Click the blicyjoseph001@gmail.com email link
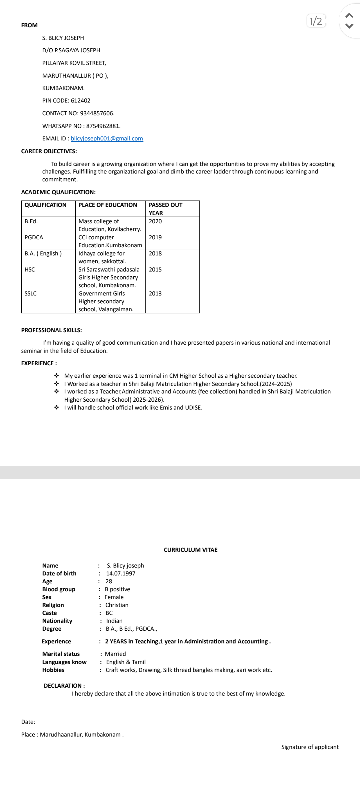[x=107, y=139]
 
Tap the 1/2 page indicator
[x=316, y=21]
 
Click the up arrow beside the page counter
[x=349, y=15]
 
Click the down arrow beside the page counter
[x=349, y=26]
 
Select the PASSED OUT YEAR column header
[x=165, y=209]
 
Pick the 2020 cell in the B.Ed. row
[x=155, y=221]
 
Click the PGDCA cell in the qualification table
[x=34, y=237]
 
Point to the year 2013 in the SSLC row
[x=155, y=293]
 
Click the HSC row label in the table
[x=30, y=269]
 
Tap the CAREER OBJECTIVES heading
[x=49, y=151]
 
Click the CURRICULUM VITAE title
[x=190, y=550]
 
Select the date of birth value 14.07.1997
[x=121, y=573]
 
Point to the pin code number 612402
[x=80, y=101]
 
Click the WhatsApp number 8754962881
[x=103, y=126]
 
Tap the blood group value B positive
[x=117, y=589]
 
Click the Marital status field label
[x=61, y=654]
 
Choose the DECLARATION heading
[x=64, y=685]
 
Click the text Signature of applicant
[x=310, y=747]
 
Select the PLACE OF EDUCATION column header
[x=108, y=205]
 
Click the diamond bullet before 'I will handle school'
[x=57, y=407]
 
